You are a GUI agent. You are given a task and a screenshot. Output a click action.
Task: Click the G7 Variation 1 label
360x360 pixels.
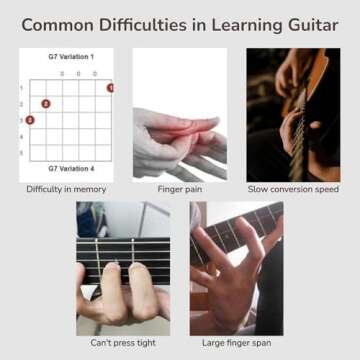click(70, 57)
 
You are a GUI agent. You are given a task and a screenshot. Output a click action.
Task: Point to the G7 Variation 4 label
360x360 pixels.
click(70, 170)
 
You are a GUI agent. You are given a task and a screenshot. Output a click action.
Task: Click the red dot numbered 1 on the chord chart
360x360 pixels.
click(110, 88)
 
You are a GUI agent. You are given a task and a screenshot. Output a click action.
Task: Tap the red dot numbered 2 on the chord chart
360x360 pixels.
click(46, 104)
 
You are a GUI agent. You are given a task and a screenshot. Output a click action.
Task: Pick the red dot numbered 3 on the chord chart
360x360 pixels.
click(30, 120)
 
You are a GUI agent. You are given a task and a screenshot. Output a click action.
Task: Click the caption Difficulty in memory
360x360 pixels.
click(67, 189)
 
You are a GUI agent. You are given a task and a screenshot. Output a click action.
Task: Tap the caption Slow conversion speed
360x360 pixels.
click(293, 189)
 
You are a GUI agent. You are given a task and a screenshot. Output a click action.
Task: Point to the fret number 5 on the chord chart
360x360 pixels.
click(21, 152)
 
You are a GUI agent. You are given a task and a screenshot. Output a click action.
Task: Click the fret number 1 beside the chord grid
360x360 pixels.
click(21, 88)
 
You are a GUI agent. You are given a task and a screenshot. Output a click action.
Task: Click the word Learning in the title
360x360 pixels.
click(245, 24)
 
